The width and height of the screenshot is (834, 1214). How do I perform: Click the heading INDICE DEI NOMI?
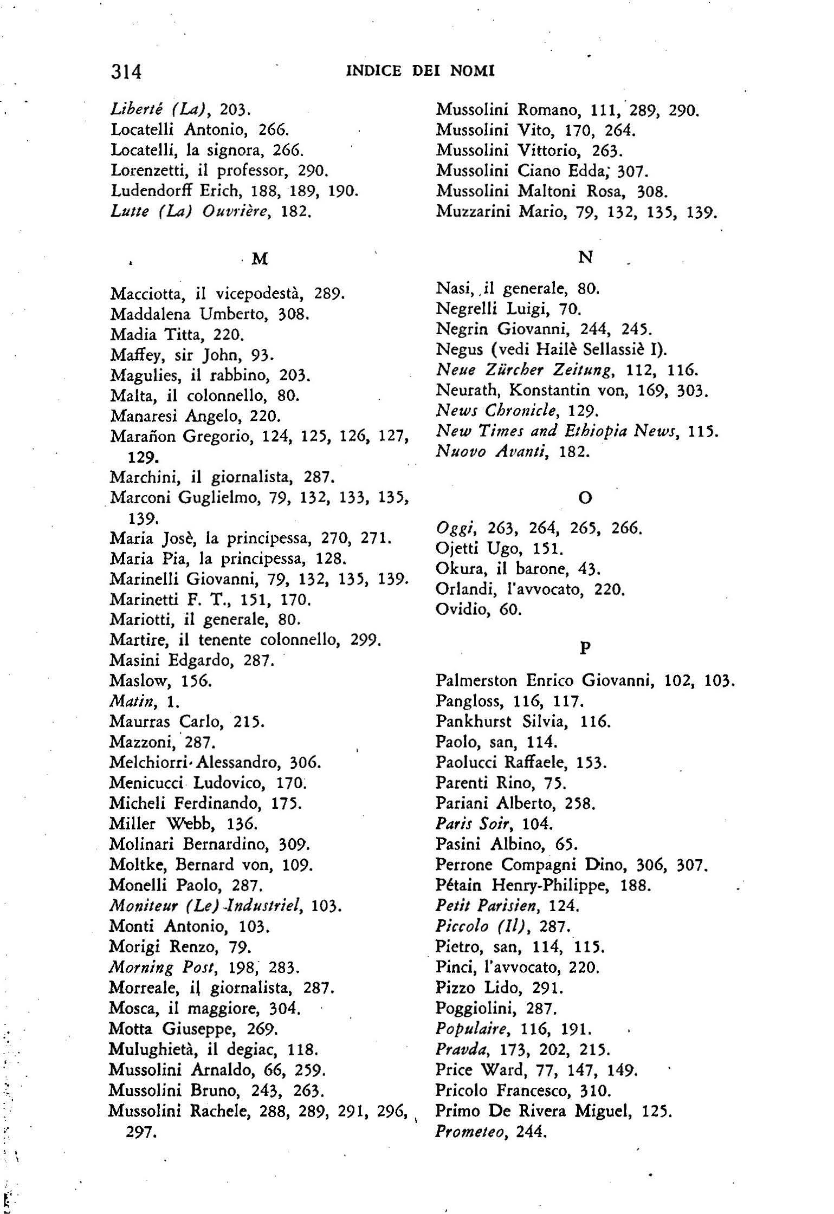tap(420, 71)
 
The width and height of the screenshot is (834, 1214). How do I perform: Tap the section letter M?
tap(260, 259)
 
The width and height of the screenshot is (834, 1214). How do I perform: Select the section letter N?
tap(585, 257)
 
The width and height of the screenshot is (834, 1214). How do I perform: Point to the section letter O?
tap(586, 497)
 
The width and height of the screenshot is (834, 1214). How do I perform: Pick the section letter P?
tap(585, 648)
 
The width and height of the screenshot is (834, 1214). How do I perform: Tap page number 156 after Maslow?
tap(196, 680)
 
